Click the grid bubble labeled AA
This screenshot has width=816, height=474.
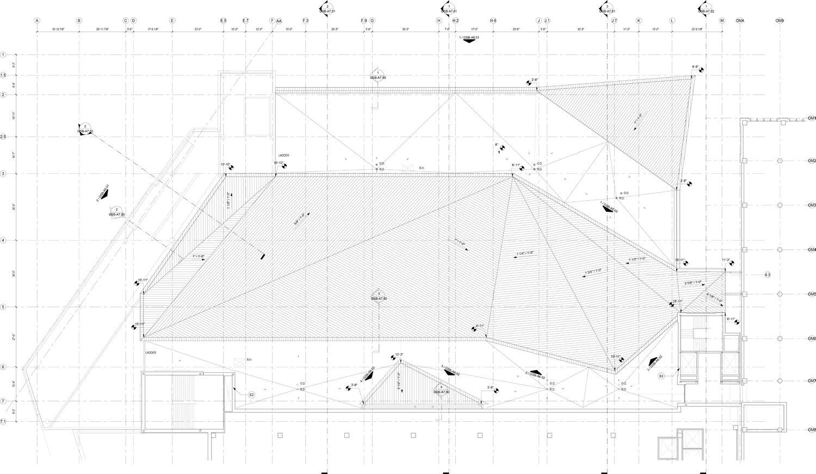[x=279, y=21]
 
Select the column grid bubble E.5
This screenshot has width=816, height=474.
[x=223, y=21]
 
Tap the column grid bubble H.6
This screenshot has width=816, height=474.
[x=493, y=21]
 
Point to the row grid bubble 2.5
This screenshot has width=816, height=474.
[x=3, y=137]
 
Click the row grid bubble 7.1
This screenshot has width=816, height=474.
[x=3, y=422]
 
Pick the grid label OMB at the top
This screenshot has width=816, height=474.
[x=780, y=21]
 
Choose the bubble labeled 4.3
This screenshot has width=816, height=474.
[x=767, y=275]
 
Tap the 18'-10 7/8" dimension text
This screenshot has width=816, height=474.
[x=58, y=29]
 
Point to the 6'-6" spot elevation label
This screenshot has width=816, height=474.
[x=695, y=67]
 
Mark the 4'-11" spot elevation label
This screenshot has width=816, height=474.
[x=480, y=326]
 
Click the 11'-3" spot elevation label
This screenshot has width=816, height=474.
[x=726, y=260]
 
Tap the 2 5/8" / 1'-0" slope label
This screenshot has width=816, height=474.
[x=693, y=282]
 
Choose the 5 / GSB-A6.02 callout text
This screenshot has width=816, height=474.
[x=451, y=371]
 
